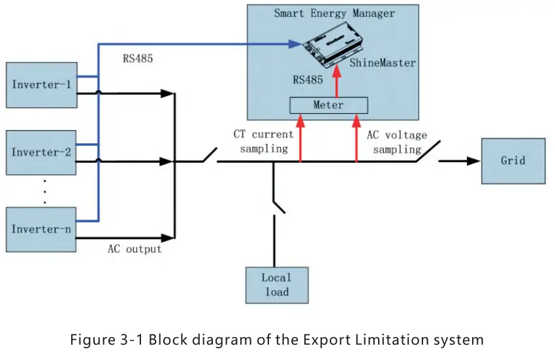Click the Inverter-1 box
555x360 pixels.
tap(41, 85)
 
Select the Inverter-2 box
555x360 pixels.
tap(41, 152)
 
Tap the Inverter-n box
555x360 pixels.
tap(41, 229)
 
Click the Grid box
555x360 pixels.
tap(513, 161)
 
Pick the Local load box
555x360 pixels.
tap(276, 285)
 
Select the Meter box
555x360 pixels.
tap(328, 105)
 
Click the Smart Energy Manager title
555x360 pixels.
tap(334, 12)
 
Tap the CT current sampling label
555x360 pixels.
tap(264, 141)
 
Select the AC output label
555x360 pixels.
tap(135, 250)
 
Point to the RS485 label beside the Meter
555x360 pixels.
tap(309, 80)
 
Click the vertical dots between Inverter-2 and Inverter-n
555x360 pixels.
tap(44, 190)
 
